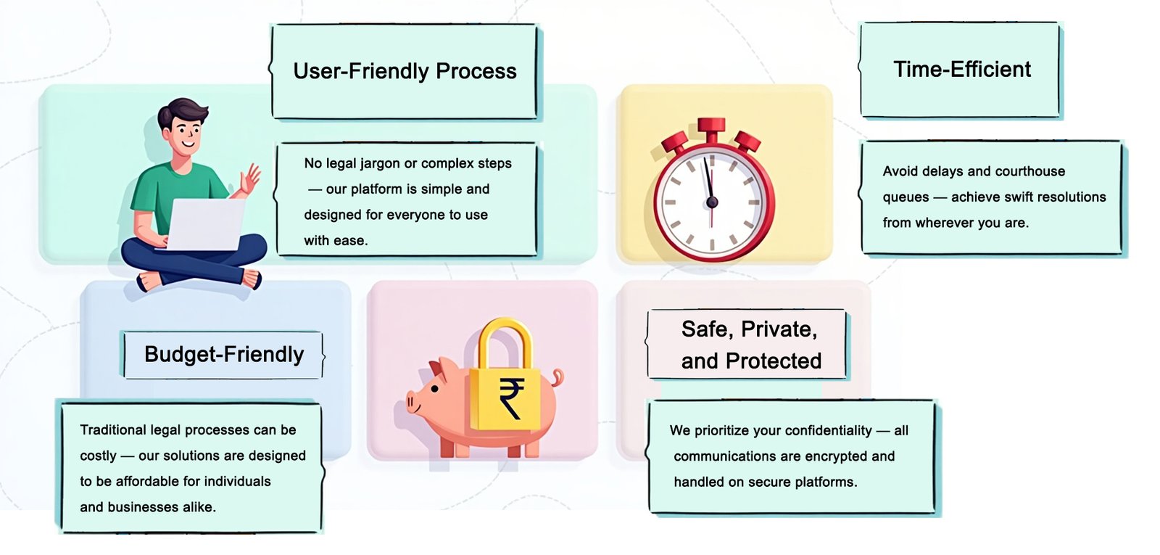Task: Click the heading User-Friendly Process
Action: click(x=405, y=71)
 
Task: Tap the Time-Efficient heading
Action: click(x=961, y=70)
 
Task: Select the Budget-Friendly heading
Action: click(x=224, y=355)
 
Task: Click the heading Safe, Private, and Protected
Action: click(x=750, y=345)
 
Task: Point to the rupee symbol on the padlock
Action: click(x=510, y=398)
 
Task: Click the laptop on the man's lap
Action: click(x=207, y=224)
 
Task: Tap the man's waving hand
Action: click(x=251, y=178)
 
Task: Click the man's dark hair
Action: click(x=183, y=112)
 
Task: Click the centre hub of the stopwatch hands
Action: click(x=711, y=202)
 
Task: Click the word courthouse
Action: click(x=1029, y=172)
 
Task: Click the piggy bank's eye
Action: click(x=434, y=389)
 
